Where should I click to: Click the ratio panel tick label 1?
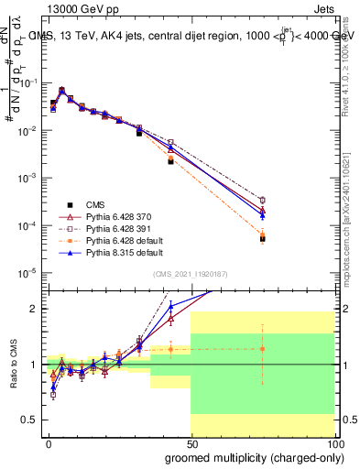pyautogui.click(x=34, y=365)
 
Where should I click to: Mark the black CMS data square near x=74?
pyautogui.click(x=263, y=239)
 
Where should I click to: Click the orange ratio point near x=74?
pyautogui.click(x=263, y=349)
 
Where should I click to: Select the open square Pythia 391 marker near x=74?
pyautogui.click(x=263, y=200)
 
